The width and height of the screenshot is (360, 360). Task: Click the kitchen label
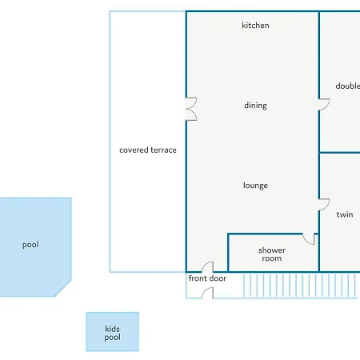point(255,26)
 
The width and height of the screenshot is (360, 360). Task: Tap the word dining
point(255,106)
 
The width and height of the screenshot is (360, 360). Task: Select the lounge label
point(255,186)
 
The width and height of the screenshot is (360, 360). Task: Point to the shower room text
point(272,254)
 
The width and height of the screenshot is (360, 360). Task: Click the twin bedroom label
point(345,214)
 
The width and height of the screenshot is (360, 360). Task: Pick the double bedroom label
point(348,86)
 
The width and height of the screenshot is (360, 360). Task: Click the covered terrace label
point(148,150)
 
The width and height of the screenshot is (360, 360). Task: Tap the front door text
point(207,278)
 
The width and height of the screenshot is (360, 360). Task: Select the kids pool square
point(112,332)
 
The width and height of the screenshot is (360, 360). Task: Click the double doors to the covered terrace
point(191,109)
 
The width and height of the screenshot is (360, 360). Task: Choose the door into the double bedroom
point(324,104)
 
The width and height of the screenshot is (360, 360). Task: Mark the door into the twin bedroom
point(324,205)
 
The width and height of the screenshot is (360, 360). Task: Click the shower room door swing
point(310,239)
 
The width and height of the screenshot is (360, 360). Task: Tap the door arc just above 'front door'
point(207,266)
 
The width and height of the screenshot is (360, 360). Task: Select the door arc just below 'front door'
point(207,293)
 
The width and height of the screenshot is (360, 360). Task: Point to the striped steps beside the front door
point(300,286)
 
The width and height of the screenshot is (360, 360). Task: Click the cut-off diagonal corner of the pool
point(63,288)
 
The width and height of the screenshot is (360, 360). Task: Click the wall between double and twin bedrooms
point(340,153)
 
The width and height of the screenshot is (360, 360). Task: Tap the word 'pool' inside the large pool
point(30,245)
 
